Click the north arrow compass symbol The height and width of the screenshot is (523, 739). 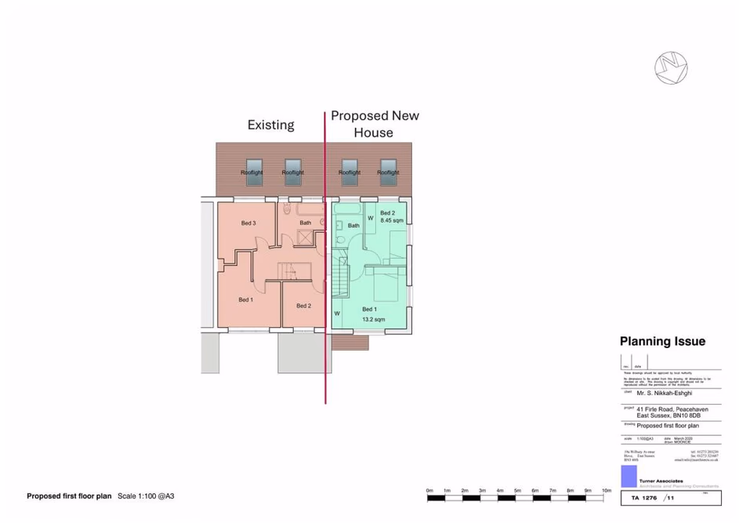coord(671,67)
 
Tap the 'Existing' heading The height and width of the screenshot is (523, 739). coord(270,125)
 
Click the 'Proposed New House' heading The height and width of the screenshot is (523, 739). coord(374,124)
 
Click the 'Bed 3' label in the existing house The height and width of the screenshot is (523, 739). coord(248,223)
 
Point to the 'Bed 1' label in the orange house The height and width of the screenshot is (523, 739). coord(245,300)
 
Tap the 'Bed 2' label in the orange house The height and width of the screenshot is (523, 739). coord(303,306)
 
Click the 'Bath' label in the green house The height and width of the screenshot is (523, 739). coord(353,226)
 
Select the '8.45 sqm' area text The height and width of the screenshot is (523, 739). coord(392,221)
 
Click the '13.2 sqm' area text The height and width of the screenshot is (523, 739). coord(373,320)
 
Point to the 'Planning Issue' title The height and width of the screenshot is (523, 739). coord(662,342)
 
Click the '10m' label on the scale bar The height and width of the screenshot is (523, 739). coord(606,490)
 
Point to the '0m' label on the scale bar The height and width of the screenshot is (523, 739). coord(429,490)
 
